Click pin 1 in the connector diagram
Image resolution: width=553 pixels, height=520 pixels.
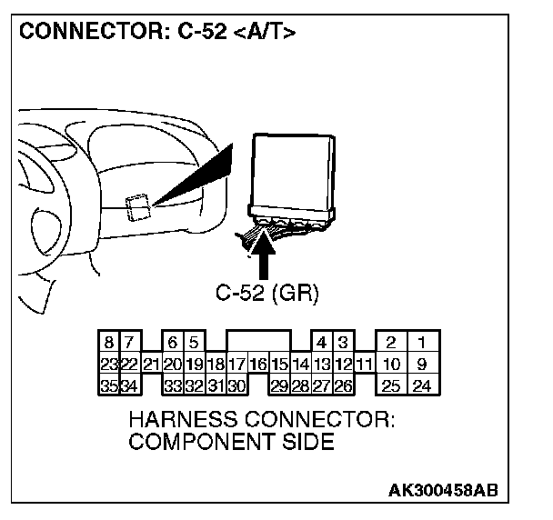pos(422,344)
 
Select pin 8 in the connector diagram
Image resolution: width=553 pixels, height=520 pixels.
pos(109,344)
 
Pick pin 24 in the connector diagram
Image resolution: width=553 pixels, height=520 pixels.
pos(422,385)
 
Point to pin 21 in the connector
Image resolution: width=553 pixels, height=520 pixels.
pos(152,365)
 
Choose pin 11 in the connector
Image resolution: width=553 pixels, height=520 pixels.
pos(364,365)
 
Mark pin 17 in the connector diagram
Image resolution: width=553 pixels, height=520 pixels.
pos(236,365)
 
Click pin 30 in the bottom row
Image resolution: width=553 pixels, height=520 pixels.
pos(236,385)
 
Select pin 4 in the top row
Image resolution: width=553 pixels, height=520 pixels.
pos(322,344)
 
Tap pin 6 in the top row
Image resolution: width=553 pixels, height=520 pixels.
pos(173,344)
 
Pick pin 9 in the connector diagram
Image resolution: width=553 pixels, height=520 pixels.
pos(422,365)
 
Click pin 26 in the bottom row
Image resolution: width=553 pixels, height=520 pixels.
pos(343,385)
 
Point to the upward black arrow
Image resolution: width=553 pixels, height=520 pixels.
pos(267,254)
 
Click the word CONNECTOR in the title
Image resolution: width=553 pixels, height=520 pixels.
pos(77,33)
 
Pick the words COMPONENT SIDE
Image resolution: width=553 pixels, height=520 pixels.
pos(231,443)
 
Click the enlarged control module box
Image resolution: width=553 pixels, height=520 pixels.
pos(293,173)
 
